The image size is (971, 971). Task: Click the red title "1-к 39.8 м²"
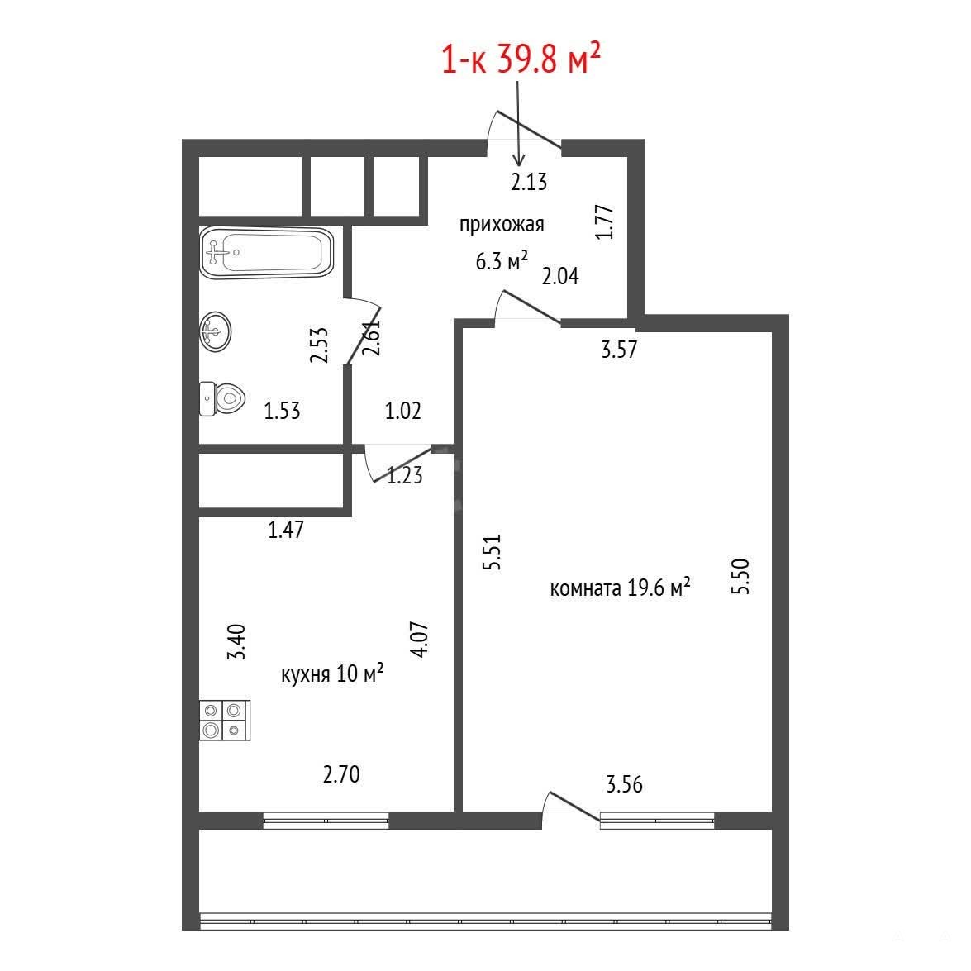pyautogui.click(x=521, y=59)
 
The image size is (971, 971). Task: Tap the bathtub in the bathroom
pyautogui.click(x=266, y=253)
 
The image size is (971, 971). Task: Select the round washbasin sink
pyautogui.click(x=216, y=331)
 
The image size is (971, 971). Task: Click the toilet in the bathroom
pyautogui.click(x=222, y=399)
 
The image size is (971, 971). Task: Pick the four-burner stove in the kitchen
pyautogui.click(x=225, y=721)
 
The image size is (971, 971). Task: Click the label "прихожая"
pyautogui.click(x=502, y=224)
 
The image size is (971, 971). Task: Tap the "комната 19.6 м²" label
pyautogui.click(x=620, y=587)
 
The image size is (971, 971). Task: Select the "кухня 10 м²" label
pyautogui.click(x=332, y=674)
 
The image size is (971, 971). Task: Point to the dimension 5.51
pyautogui.click(x=492, y=552)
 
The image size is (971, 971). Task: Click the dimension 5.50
pyautogui.click(x=740, y=577)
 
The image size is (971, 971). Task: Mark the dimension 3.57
pyautogui.click(x=619, y=350)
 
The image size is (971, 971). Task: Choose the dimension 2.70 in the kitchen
pyautogui.click(x=341, y=774)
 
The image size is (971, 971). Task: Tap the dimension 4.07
pyautogui.click(x=419, y=639)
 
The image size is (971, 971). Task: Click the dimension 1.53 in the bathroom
pyautogui.click(x=283, y=411)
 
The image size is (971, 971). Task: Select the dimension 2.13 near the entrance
pyautogui.click(x=529, y=182)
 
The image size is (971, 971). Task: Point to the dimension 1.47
pyautogui.click(x=286, y=530)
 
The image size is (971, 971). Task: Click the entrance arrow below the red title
pyautogui.click(x=518, y=123)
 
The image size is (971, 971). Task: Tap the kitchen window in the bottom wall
pyautogui.click(x=326, y=821)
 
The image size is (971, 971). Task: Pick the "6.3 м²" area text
pyautogui.click(x=502, y=260)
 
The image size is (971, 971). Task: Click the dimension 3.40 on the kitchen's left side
pyautogui.click(x=236, y=642)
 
